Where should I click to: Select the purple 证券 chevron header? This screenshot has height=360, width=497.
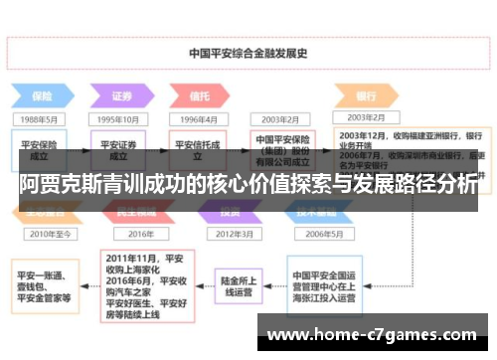pos(119,97)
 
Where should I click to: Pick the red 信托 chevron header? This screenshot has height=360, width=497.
pos(199,97)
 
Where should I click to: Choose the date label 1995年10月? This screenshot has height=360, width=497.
pos(119,119)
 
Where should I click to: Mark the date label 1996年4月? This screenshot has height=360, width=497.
pos(199,119)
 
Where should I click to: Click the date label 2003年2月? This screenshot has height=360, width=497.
pos(277,119)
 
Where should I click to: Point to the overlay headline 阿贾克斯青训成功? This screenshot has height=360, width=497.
pos(248,184)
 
